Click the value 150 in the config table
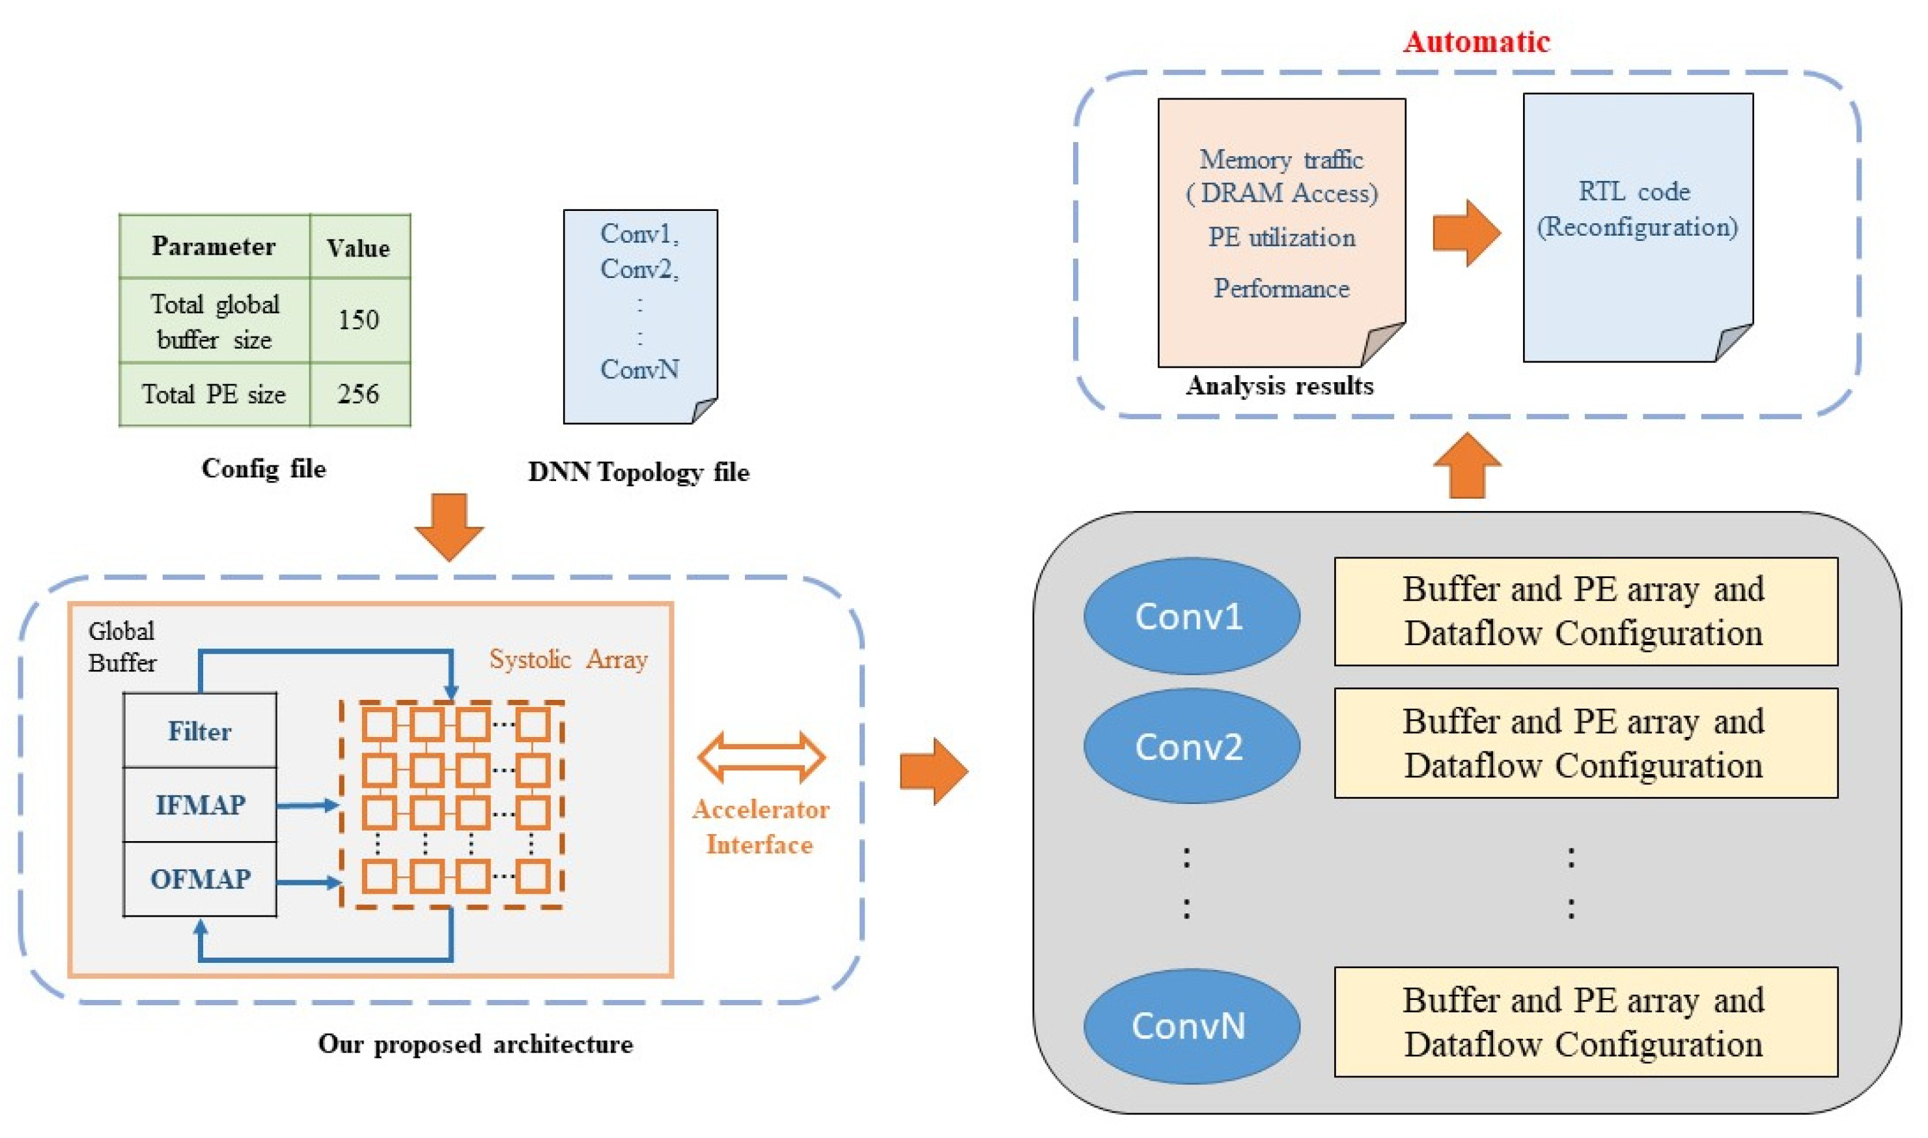358,319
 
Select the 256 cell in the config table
358,393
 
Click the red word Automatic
1476,42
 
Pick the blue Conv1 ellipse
1191,616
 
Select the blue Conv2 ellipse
1191,746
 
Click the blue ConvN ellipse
1191,1026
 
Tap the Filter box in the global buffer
199,731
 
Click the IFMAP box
199,805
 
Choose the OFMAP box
199,879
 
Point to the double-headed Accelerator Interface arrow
761,757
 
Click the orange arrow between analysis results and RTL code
1466,233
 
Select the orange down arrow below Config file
449,527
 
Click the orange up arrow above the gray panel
1467,466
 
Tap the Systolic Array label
568,659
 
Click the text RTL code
1634,191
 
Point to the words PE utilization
1281,237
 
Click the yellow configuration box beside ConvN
1586,1022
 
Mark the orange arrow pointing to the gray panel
932,771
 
